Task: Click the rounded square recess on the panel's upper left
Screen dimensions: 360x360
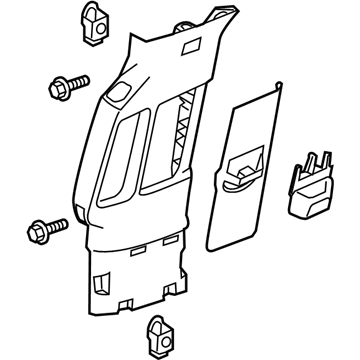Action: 118,95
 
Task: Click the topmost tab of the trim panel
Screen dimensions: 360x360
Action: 215,13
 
